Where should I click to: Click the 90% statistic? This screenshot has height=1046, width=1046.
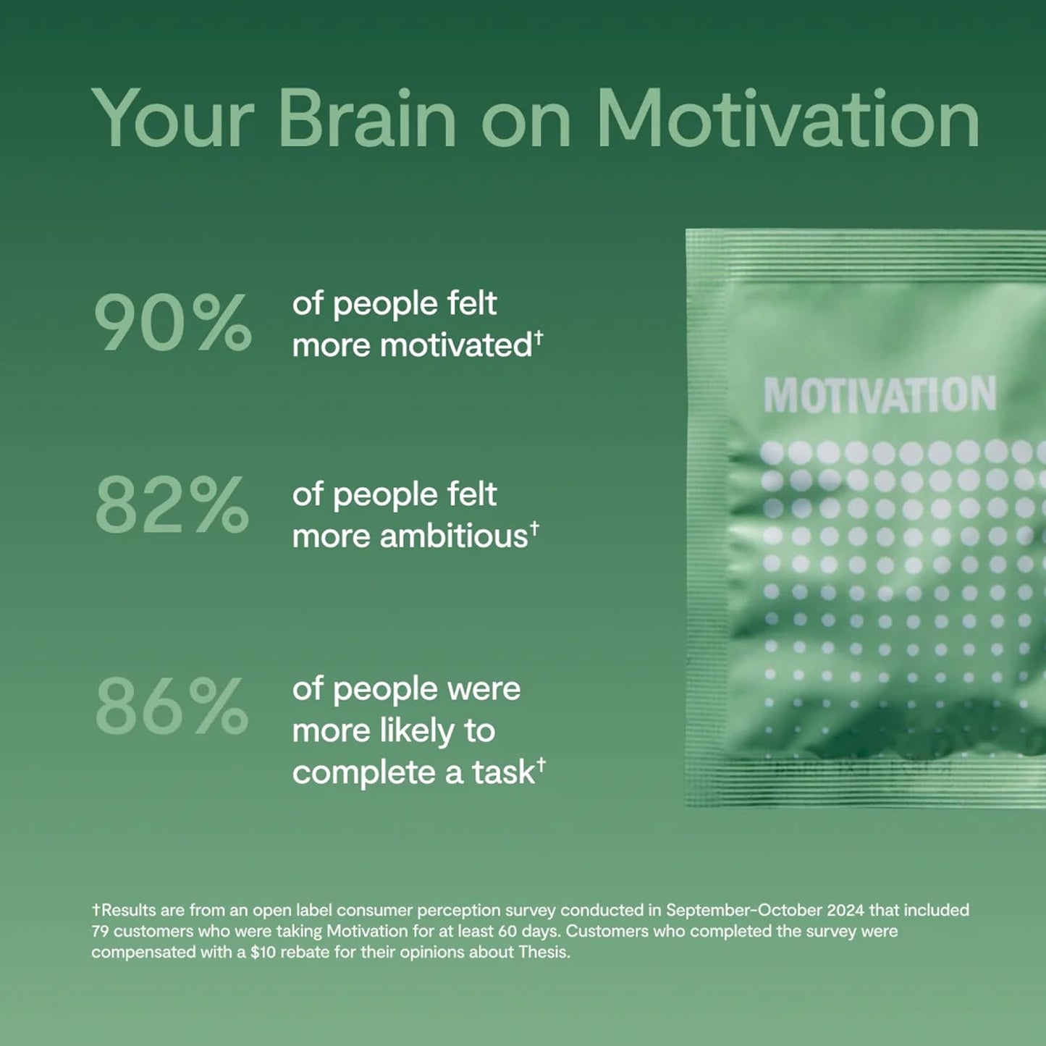pos(173,322)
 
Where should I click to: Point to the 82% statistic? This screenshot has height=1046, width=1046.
pos(172,505)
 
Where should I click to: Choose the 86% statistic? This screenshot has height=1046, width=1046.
pos(172,705)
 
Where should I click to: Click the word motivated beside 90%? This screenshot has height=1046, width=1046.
pos(456,345)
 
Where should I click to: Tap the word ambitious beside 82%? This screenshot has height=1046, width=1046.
pos(453,536)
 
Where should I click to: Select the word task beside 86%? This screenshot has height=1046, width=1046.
pos(503,772)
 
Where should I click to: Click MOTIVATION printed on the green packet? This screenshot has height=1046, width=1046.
pos(880,395)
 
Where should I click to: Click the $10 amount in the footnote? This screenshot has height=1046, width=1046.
pos(263,952)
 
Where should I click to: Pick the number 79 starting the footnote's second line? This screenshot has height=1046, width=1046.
pos(100,931)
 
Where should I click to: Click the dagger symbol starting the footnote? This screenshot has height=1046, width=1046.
pos(96,909)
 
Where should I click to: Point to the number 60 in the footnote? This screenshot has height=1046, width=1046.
pos(507,931)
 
